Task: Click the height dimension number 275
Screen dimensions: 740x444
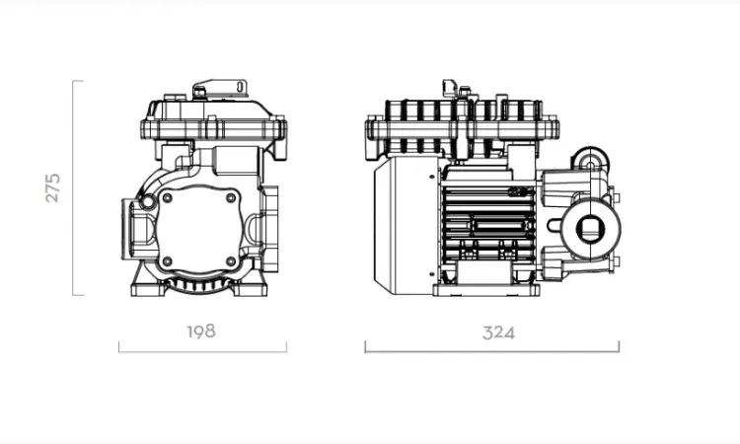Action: click(53, 187)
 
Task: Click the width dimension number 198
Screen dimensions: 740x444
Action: click(201, 332)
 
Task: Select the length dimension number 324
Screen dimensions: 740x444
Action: click(498, 333)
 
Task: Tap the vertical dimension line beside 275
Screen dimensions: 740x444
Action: click(73, 188)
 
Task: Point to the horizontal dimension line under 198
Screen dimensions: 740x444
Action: click(202, 351)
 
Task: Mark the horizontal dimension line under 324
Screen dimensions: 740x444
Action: click(491, 351)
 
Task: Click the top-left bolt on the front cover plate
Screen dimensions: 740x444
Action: click(167, 198)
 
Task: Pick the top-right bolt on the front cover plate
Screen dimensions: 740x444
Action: click(231, 198)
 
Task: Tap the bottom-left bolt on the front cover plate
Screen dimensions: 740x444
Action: click(167, 260)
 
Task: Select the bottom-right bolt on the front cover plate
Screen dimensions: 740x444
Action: click(231, 260)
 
